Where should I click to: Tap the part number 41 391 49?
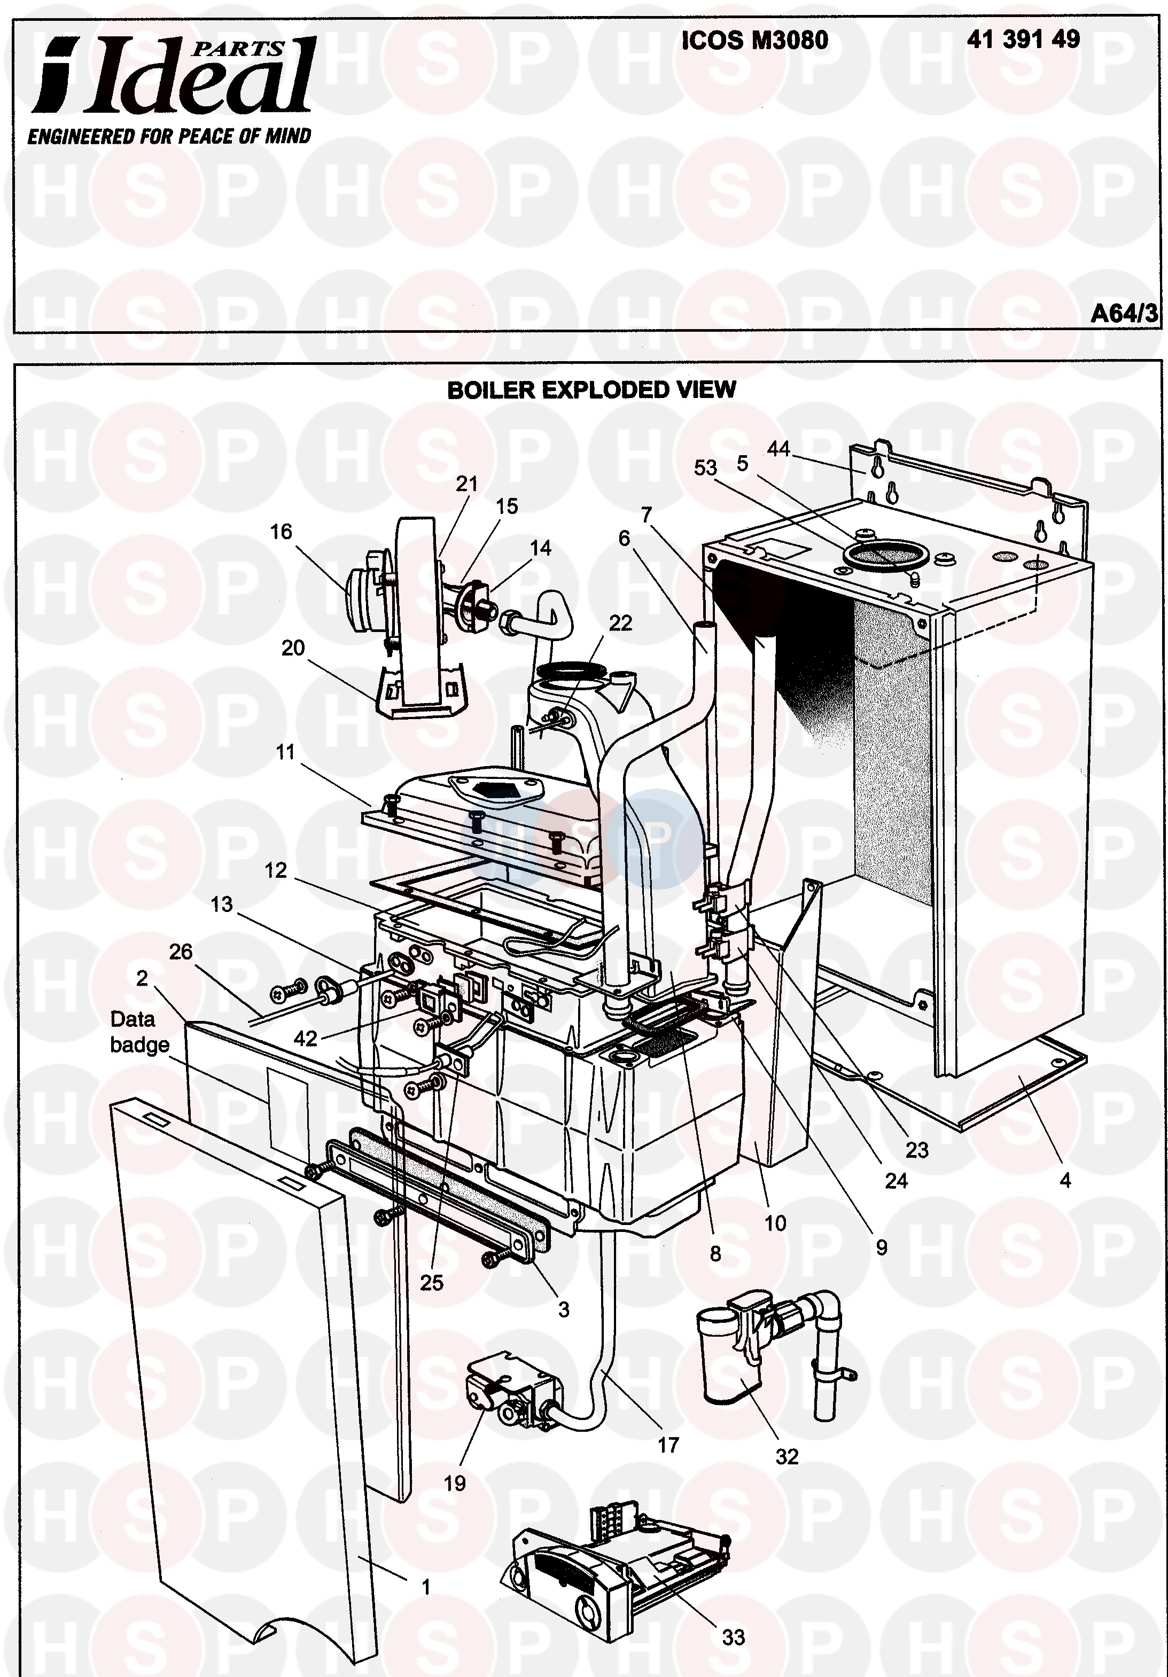click(x=1023, y=40)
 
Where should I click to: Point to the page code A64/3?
click(x=1124, y=314)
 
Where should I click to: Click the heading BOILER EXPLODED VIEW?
click(x=591, y=390)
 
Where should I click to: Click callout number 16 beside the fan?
click(x=281, y=532)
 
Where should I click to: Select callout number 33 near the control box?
click(x=734, y=1637)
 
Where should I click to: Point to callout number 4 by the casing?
click(x=1065, y=1180)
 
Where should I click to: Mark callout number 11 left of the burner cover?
click(x=285, y=752)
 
